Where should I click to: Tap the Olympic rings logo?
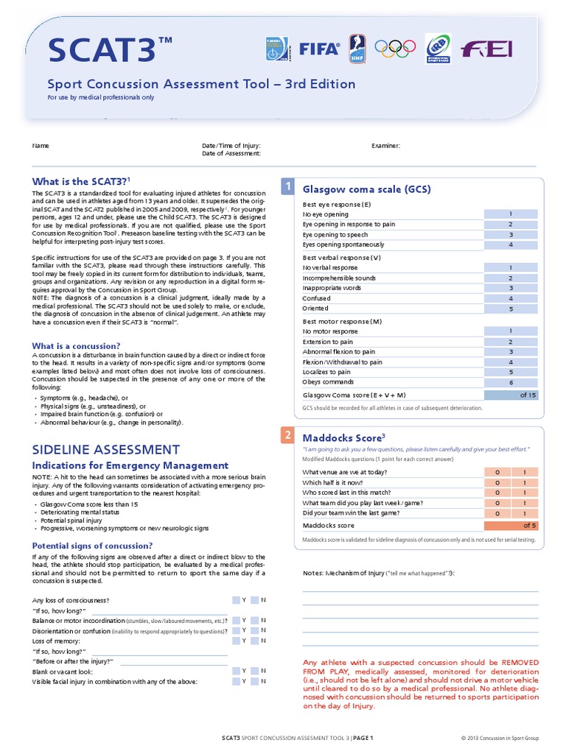[396, 49]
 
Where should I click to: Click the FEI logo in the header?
[486, 49]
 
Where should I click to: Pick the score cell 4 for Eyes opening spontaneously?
[510, 244]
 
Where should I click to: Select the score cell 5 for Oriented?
[510, 309]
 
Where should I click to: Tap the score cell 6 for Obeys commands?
[510, 382]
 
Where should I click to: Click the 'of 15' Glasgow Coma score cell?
[510, 395]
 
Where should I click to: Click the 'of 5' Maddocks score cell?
[510, 525]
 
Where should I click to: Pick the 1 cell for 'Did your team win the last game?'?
[524, 512]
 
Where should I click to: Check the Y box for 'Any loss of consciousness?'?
[236, 600]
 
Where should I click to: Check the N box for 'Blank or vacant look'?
[254, 672]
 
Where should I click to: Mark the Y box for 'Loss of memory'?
[236, 641]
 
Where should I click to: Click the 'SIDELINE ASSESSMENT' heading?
[105, 449]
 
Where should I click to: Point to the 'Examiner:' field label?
[385, 146]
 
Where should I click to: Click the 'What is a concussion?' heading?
[76, 345]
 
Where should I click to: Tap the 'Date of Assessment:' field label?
[231, 153]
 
